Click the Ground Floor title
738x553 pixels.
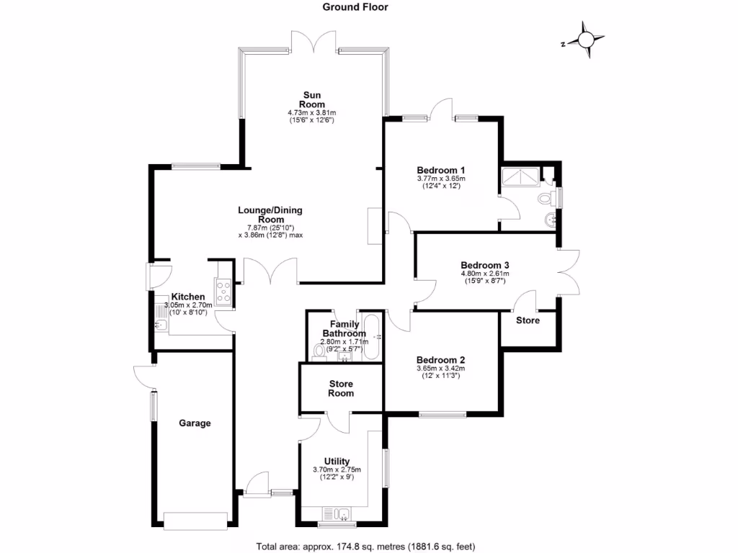click(x=354, y=7)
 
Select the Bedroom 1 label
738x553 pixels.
click(x=441, y=170)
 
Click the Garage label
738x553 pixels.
click(x=195, y=423)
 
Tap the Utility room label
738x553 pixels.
click(x=337, y=462)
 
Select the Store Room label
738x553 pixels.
click(x=341, y=389)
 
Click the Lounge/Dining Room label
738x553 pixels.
click(x=270, y=215)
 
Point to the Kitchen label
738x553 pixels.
click(x=188, y=297)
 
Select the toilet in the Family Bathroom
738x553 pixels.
click(x=319, y=351)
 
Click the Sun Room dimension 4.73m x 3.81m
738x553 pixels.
click(x=312, y=113)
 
